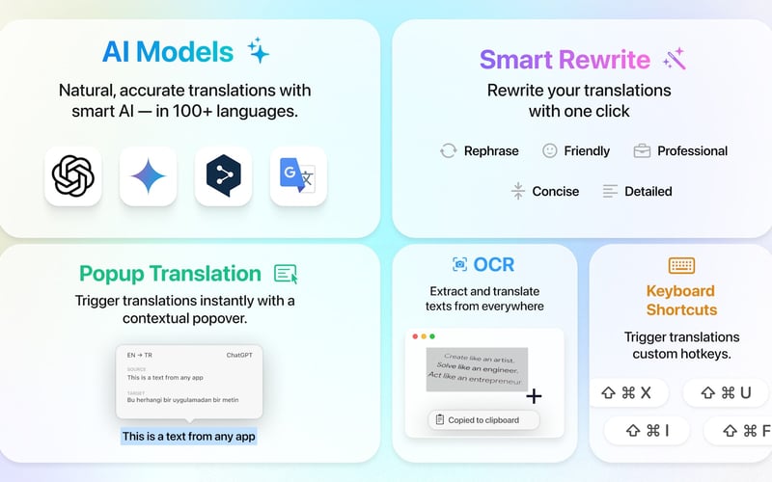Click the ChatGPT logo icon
[x=72, y=175]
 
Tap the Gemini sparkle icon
[x=148, y=175]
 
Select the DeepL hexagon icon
[x=223, y=175]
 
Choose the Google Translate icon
[x=298, y=175]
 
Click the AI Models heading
[x=169, y=51]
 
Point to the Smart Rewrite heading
[x=565, y=60]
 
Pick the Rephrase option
[x=480, y=150]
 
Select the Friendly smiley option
[x=576, y=150]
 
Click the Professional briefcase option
[x=680, y=150]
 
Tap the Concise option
[x=545, y=191]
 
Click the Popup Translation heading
[x=170, y=274]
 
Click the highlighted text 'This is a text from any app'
[x=189, y=436]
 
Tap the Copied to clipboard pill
[x=483, y=419]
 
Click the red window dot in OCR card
[x=415, y=336]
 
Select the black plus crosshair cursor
[x=534, y=396]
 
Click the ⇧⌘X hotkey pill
[x=626, y=392]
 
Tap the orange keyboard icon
[x=681, y=265]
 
